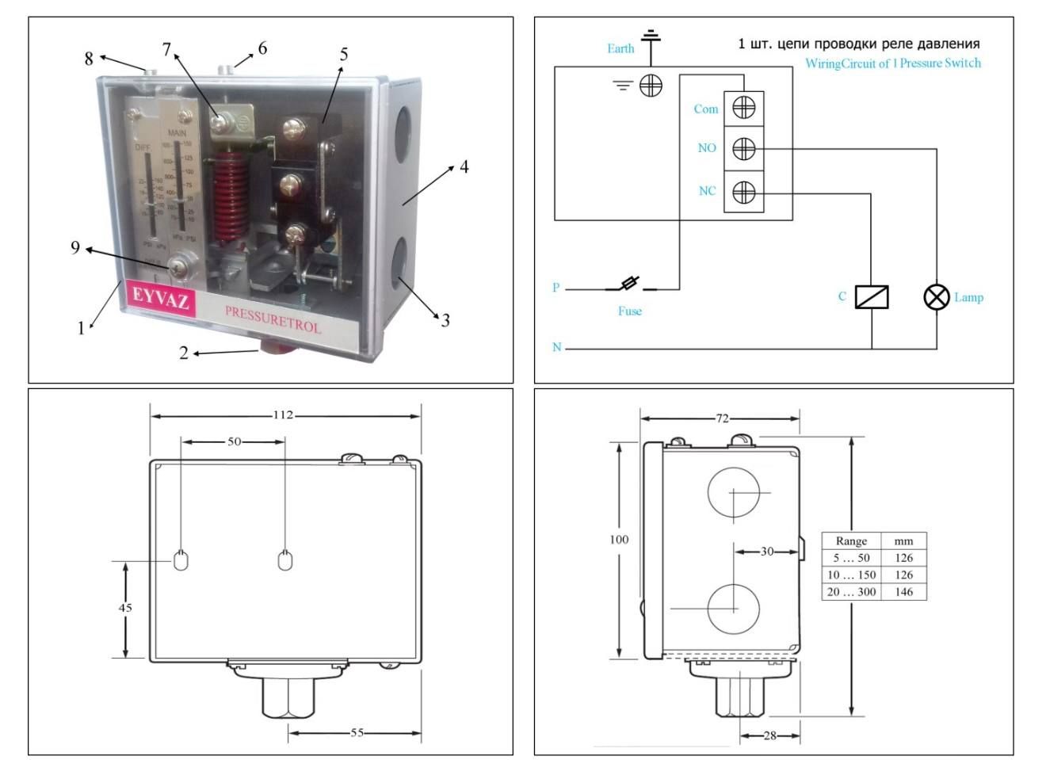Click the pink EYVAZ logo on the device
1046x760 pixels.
point(161,299)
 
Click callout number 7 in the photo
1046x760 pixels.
point(166,50)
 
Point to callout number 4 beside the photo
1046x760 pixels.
point(464,167)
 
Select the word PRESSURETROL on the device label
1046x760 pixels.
point(273,319)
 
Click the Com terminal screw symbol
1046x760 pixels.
point(743,106)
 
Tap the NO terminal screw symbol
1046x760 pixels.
point(743,148)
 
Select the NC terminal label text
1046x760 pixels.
point(707,191)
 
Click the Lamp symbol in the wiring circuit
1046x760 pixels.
point(937,297)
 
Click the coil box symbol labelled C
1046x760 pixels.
point(872,297)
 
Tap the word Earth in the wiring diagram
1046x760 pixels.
point(620,48)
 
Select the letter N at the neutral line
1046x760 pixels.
point(557,347)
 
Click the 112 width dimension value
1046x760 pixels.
point(283,414)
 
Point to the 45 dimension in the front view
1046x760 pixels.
point(125,608)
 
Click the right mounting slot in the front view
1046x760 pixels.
point(285,560)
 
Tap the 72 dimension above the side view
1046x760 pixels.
point(722,418)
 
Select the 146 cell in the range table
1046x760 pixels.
point(903,592)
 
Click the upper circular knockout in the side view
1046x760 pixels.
point(734,494)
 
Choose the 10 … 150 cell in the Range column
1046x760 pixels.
point(852,575)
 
